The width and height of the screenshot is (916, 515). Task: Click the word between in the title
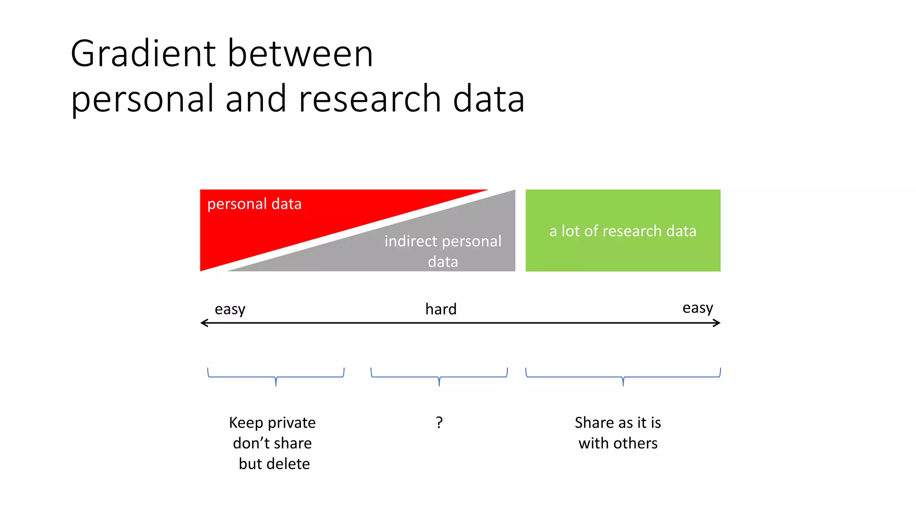300,54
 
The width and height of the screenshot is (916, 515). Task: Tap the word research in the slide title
369,99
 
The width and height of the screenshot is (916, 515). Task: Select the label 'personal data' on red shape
254,204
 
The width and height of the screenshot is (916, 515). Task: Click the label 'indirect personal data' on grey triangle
443,251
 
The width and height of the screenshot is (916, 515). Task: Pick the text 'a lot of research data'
623,231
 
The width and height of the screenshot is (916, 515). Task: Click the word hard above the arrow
441,309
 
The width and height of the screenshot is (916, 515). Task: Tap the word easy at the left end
230,309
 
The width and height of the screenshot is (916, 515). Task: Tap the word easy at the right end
697,308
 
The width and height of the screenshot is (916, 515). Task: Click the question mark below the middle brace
439,422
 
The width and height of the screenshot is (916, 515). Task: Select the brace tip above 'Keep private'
276,384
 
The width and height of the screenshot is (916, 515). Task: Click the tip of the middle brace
439,384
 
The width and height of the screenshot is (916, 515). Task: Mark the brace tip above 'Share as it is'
623,384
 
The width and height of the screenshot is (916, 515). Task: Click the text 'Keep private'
272,422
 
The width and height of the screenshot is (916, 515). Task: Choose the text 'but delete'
274,464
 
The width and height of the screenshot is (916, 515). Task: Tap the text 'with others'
618,443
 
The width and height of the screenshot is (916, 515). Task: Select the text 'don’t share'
272,443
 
